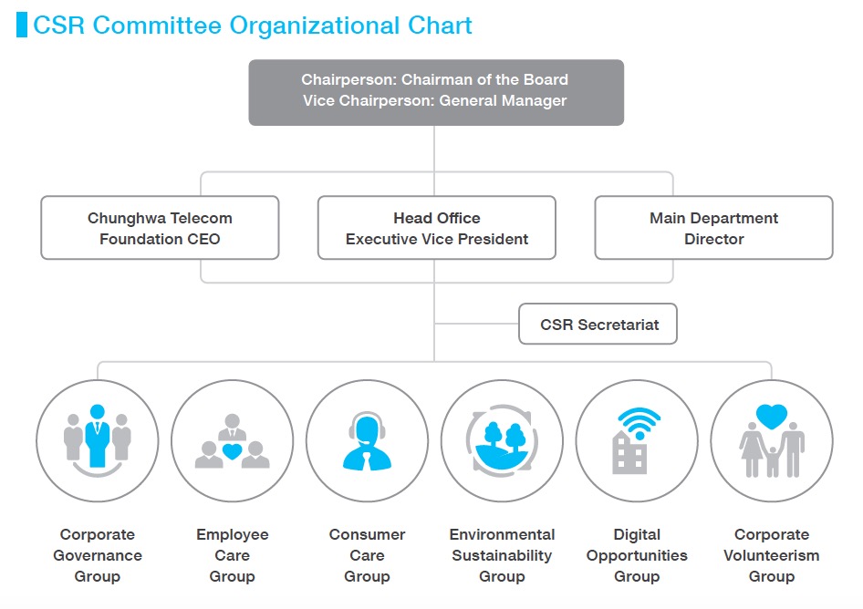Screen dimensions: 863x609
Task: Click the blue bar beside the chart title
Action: point(22,25)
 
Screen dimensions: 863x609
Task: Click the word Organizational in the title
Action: point(314,26)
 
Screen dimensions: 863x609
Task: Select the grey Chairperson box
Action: point(436,92)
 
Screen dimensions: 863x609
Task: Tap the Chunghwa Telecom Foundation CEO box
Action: point(160,228)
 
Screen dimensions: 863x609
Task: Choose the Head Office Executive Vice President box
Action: point(436,228)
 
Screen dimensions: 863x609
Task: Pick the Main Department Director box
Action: point(714,228)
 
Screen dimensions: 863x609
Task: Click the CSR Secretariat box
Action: point(598,324)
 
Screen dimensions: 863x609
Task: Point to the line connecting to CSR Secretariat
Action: point(476,324)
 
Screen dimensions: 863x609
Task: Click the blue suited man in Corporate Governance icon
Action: point(98,436)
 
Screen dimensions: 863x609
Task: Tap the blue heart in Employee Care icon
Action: point(233,451)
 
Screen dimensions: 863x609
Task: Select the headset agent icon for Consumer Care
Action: point(367,441)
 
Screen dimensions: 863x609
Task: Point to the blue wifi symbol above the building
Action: point(639,422)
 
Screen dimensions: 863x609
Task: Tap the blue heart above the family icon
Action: point(772,417)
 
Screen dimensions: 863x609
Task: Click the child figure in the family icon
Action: point(772,461)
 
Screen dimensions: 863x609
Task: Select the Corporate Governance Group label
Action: point(98,555)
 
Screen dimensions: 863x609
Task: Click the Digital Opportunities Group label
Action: point(637,555)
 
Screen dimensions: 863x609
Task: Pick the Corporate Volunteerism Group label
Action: point(772,555)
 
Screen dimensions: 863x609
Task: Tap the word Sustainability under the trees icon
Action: point(502,555)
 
